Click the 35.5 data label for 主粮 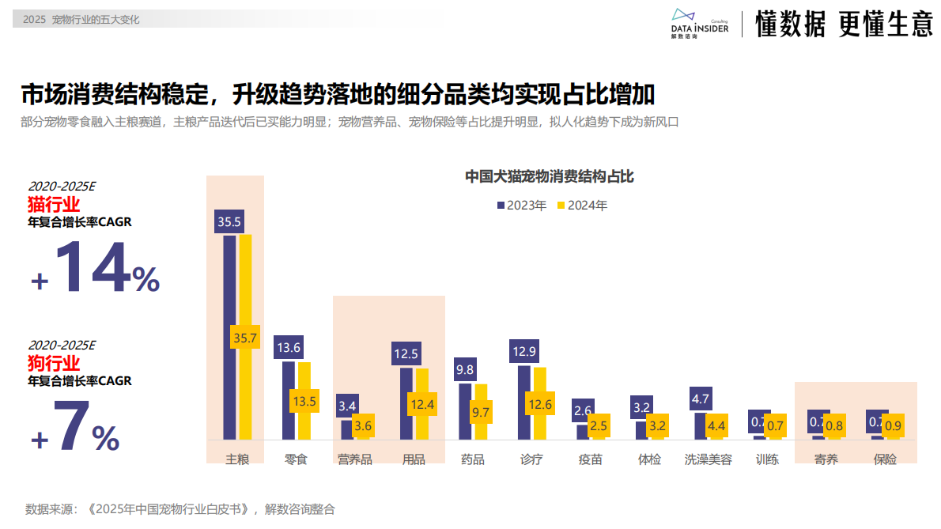click(x=229, y=221)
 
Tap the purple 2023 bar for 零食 click(x=289, y=399)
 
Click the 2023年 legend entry click(x=522, y=206)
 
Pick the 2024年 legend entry click(x=583, y=206)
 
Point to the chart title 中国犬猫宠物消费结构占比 click(x=549, y=176)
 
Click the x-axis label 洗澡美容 click(x=708, y=459)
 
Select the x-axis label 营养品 click(x=354, y=459)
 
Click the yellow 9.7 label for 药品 click(x=480, y=411)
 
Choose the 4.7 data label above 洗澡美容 click(x=701, y=399)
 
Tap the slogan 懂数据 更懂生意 click(x=844, y=25)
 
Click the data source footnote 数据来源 click(x=180, y=509)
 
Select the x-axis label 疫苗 click(x=590, y=459)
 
